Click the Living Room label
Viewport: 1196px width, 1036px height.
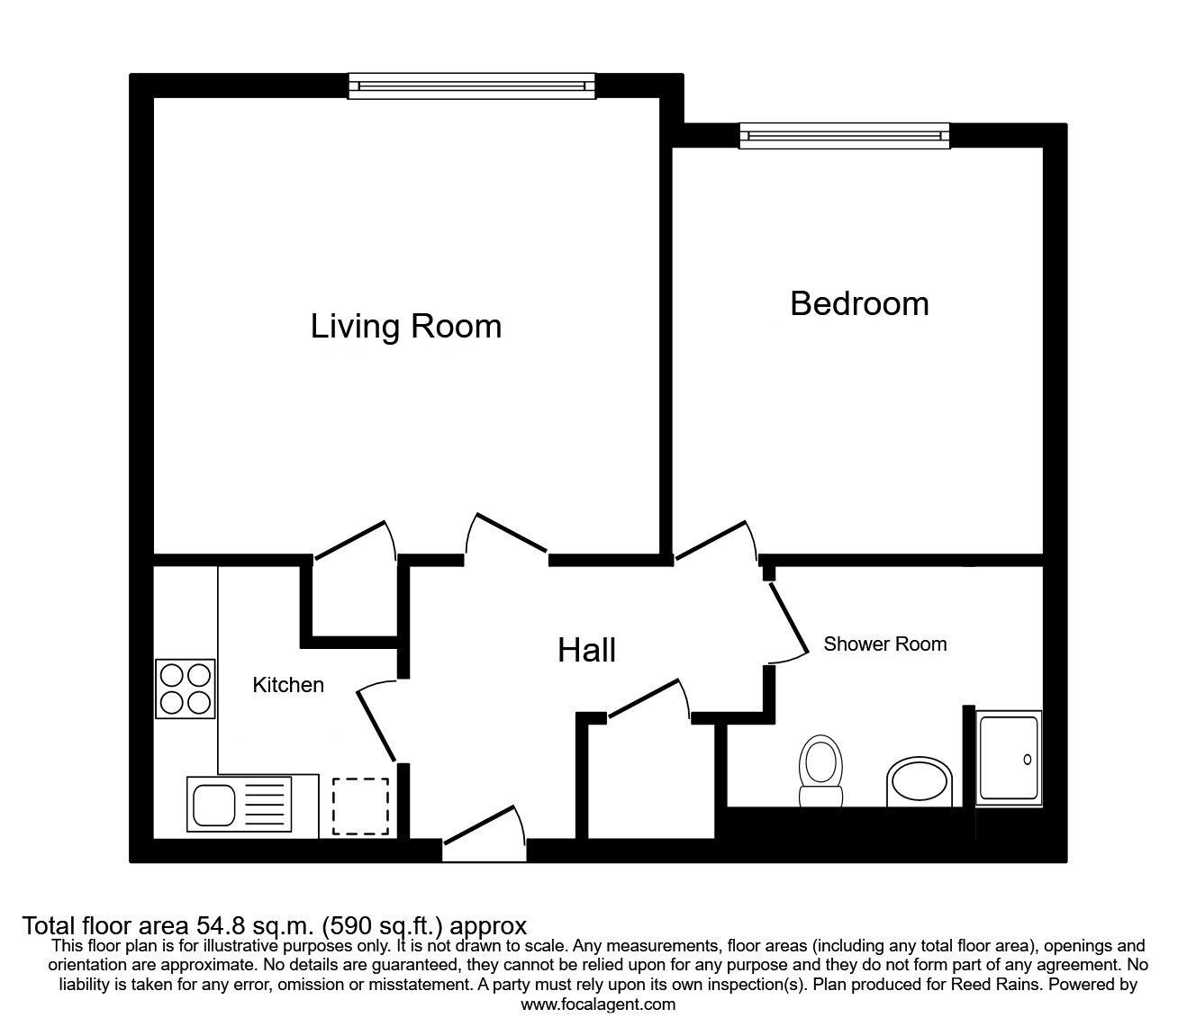click(x=405, y=326)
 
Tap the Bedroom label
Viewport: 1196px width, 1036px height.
click(x=859, y=303)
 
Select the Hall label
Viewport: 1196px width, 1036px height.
click(x=586, y=650)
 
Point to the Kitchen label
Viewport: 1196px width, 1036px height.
click(x=288, y=685)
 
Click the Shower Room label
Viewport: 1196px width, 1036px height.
click(x=884, y=644)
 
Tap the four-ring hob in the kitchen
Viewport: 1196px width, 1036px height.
click(x=186, y=689)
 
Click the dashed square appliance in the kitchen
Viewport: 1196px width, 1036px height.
click(x=360, y=806)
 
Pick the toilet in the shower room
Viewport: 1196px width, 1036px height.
click(x=820, y=770)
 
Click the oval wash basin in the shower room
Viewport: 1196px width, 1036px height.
click(x=919, y=781)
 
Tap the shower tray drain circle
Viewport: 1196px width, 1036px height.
click(x=1028, y=759)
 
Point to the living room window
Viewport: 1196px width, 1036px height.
click(x=472, y=86)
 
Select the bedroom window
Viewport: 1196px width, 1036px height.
click(x=845, y=136)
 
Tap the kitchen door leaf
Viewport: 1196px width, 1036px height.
click(x=376, y=726)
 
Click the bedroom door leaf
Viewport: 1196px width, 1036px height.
click(x=711, y=540)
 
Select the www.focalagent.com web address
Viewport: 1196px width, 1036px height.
click(x=598, y=1004)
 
